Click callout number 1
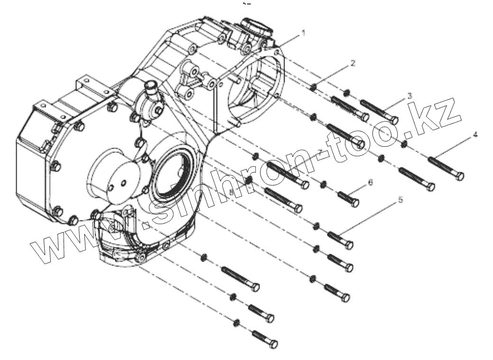[x=303, y=33]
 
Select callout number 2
[x=353, y=63]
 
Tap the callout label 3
[x=409, y=96]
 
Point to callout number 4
[x=475, y=135]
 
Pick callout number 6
[x=371, y=182]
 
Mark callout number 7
[x=320, y=152]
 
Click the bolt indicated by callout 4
[x=446, y=168]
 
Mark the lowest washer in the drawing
[x=236, y=323]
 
